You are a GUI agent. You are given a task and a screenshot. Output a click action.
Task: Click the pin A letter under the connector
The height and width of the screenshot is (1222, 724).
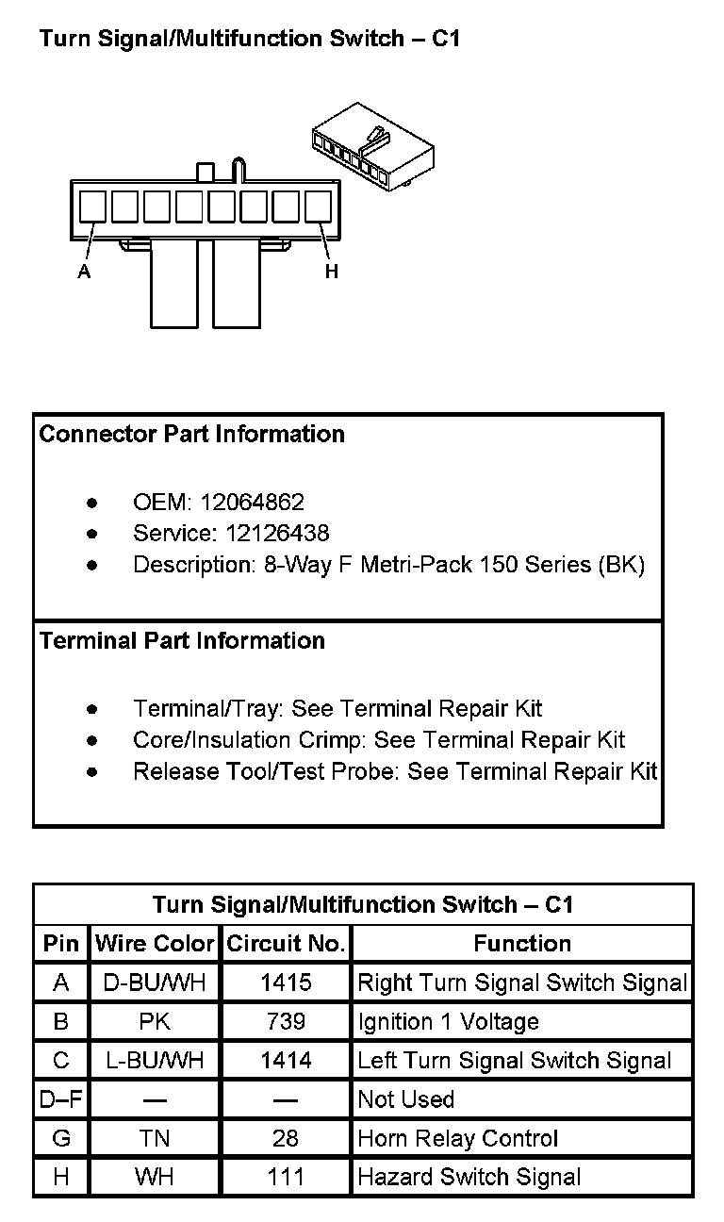click(x=84, y=272)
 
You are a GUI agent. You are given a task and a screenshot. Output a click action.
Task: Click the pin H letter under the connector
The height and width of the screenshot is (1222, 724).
click(x=331, y=272)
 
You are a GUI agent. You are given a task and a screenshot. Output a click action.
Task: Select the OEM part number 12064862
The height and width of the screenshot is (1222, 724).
click(x=252, y=502)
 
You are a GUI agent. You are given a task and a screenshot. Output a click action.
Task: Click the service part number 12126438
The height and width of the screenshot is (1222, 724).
click(x=277, y=533)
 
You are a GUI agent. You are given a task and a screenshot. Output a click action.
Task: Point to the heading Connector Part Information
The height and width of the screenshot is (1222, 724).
click(x=191, y=435)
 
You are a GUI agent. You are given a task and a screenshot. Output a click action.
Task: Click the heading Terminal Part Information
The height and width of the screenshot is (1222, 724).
click(x=182, y=641)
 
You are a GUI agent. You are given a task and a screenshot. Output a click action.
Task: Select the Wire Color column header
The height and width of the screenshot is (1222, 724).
click(x=155, y=944)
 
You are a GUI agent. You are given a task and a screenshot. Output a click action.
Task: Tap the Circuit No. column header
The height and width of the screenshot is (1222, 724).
click(x=286, y=944)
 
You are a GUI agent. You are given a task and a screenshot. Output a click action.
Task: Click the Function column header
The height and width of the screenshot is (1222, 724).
click(x=522, y=944)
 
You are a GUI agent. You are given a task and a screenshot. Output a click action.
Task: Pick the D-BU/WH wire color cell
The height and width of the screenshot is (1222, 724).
click(x=155, y=983)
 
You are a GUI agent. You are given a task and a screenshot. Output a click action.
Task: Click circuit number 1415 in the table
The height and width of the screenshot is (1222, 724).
click(x=286, y=983)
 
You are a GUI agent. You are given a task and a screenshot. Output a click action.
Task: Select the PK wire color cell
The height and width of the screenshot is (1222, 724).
click(x=155, y=1021)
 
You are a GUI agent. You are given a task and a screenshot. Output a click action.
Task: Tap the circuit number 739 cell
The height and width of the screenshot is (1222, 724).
click(x=286, y=1021)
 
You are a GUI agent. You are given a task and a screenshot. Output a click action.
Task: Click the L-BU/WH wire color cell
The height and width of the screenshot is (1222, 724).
click(x=155, y=1061)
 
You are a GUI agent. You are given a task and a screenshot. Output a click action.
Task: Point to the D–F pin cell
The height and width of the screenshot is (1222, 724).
click(x=61, y=1099)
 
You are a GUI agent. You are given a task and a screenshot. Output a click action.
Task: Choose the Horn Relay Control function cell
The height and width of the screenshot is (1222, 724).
click(x=458, y=1138)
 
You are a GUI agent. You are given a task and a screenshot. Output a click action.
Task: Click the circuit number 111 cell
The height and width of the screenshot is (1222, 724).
click(x=286, y=1177)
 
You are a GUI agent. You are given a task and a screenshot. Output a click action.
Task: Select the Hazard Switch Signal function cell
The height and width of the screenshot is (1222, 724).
click(x=469, y=1177)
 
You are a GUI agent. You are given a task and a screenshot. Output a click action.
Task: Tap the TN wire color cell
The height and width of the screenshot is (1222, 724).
click(x=155, y=1138)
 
